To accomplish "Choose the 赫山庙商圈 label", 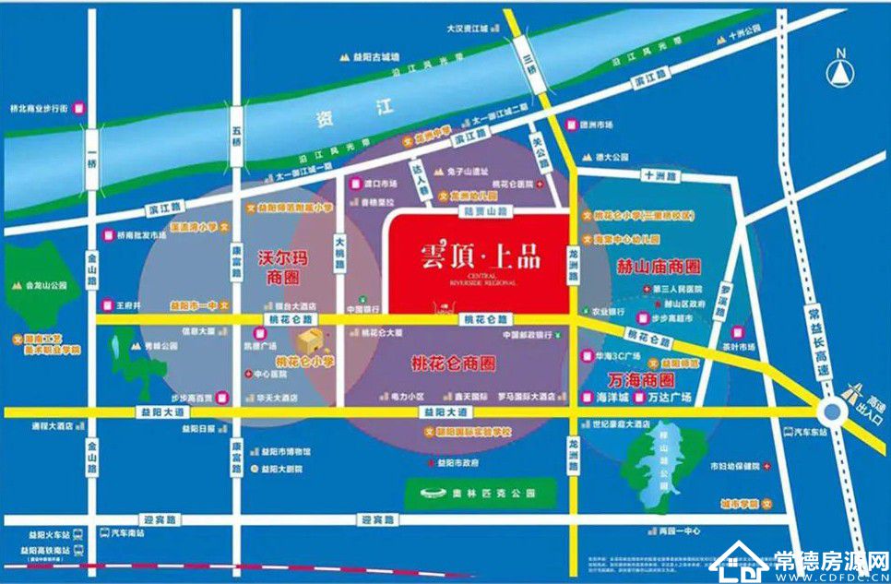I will (x=658, y=266).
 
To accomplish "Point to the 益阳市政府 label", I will (x=459, y=461).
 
